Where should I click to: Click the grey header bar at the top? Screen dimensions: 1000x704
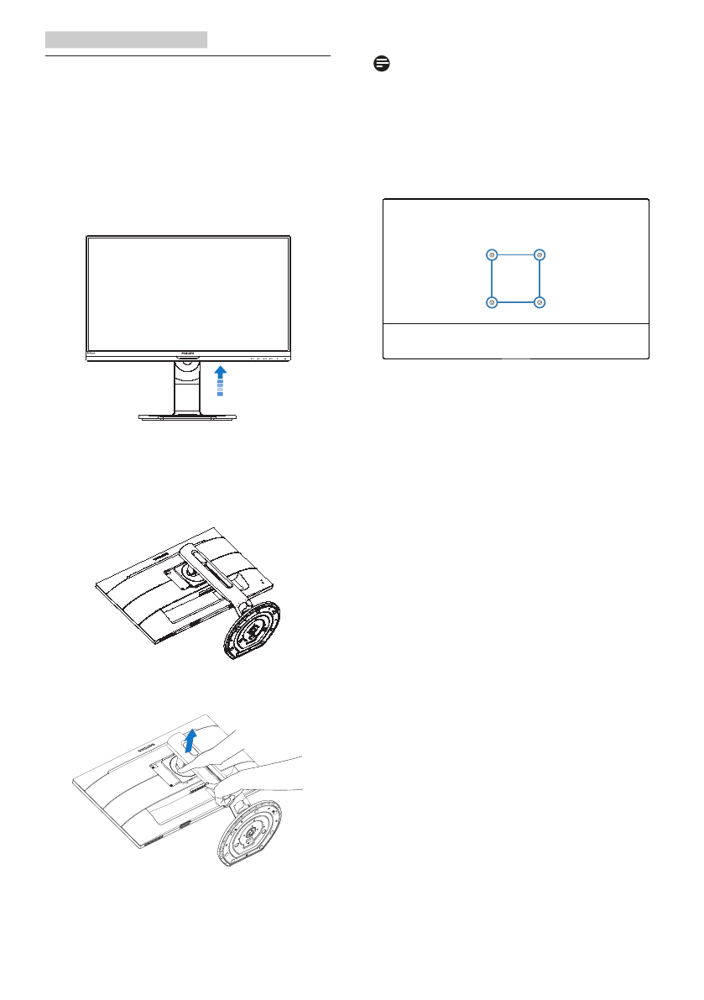coord(126,39)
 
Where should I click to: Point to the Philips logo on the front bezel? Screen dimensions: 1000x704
coord(189,353)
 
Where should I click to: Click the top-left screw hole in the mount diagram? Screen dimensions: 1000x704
coord(492,254)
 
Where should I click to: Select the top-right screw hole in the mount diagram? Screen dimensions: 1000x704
coord(540,254)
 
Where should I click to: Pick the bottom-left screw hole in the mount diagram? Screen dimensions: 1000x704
coord(492,301)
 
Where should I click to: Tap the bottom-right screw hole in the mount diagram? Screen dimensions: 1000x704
coord(540,301)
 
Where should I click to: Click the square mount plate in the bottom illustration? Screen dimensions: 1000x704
coord(164,767)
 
